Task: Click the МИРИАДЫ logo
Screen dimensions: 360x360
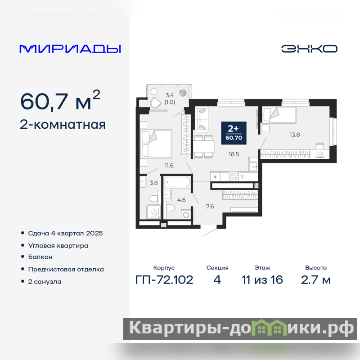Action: (70, 49)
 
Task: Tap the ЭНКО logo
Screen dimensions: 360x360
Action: (309, 49)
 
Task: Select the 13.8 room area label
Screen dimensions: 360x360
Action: (295, 135)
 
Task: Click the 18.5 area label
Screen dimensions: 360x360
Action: (234, 154)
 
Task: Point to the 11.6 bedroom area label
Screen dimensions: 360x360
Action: (169, 166)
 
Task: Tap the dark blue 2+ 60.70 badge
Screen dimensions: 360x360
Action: (234, 133)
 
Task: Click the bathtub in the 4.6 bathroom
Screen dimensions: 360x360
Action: (177, 182)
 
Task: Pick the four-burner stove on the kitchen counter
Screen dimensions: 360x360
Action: (234, 177)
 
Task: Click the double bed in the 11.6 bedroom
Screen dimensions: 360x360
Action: (156, 144)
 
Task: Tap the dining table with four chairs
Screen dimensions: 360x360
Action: (203, 147)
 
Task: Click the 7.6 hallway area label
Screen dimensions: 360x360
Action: (210, 207)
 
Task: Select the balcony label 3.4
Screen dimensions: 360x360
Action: (170, 95)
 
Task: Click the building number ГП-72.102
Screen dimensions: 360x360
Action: (164, 280)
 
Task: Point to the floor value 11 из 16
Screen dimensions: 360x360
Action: (262, 280)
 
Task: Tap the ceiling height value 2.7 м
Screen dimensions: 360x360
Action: (316, 280)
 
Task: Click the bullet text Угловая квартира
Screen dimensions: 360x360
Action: (58, 246)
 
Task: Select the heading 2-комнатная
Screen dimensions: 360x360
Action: (63, 125)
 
